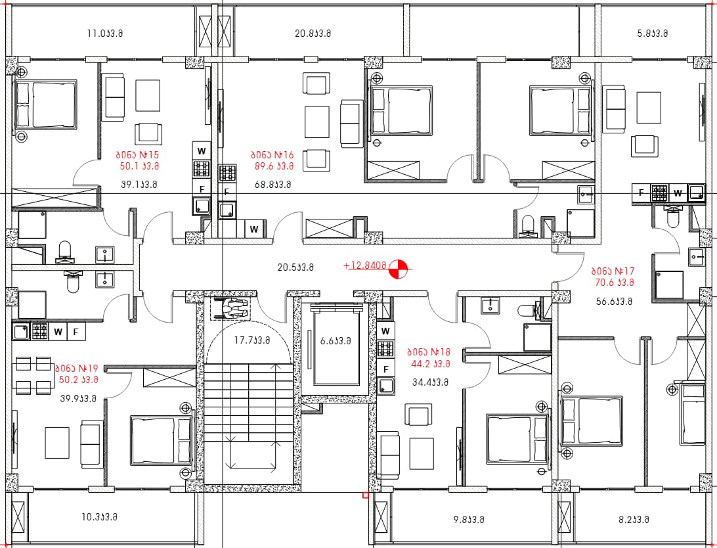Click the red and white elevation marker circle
(399, 269)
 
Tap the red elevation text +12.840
(365, 265)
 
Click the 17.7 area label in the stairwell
(252, 340)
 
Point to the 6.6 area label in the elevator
(335, 341)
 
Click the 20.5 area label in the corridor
(295, 267)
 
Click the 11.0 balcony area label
(104, 34)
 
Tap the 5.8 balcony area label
(653, 34)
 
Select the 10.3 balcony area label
(99, 517)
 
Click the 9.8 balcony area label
(469, 520)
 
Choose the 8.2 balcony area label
(634, 520)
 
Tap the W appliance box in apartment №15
(201, 151)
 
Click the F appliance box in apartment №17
(641, 193)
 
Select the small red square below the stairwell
(365, 495)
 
